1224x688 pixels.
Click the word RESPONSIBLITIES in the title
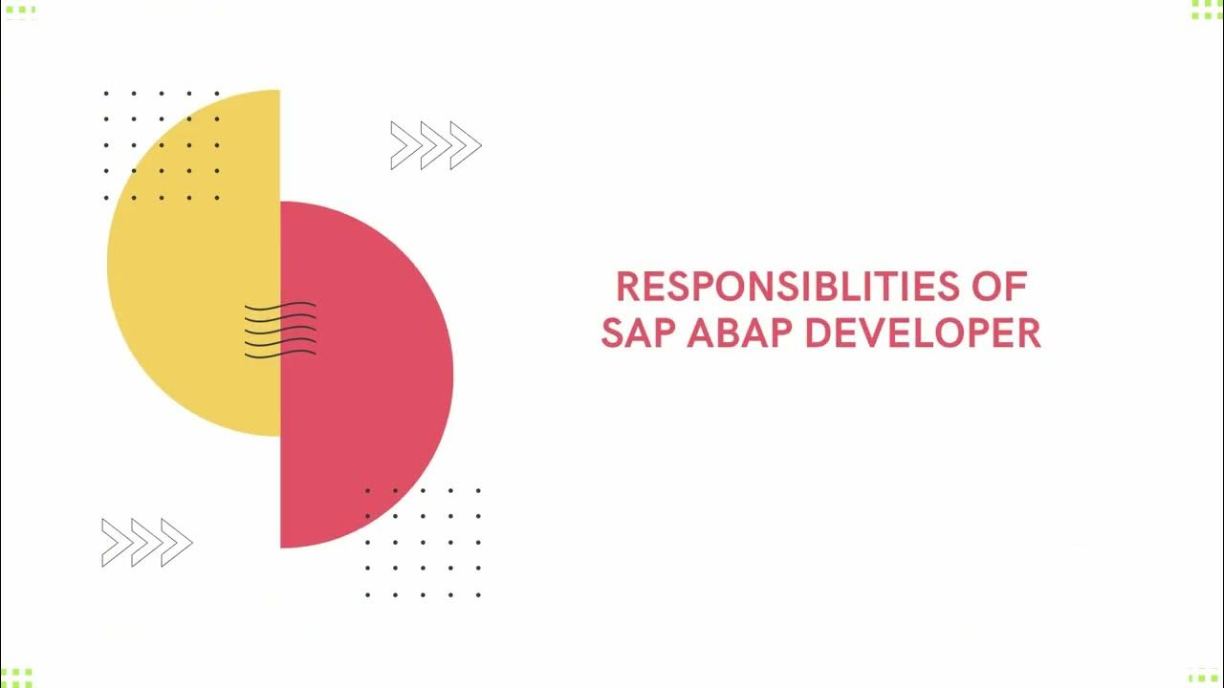coord(783,287)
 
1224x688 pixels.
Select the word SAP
coord(639,333)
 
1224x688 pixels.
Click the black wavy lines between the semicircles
coord(280,331)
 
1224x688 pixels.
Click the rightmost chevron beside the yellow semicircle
coord(466,146)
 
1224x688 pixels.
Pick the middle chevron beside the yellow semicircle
coord(436,146)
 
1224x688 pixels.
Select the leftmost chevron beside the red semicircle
coord(117,543)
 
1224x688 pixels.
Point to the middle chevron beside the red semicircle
coord(146,543)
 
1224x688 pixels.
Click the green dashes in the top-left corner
coord(19,11)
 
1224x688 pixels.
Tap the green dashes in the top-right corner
coord(1206,10)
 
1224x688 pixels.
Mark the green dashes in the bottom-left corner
coord(17,677)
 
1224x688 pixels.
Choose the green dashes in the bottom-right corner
coord(1204,677)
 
